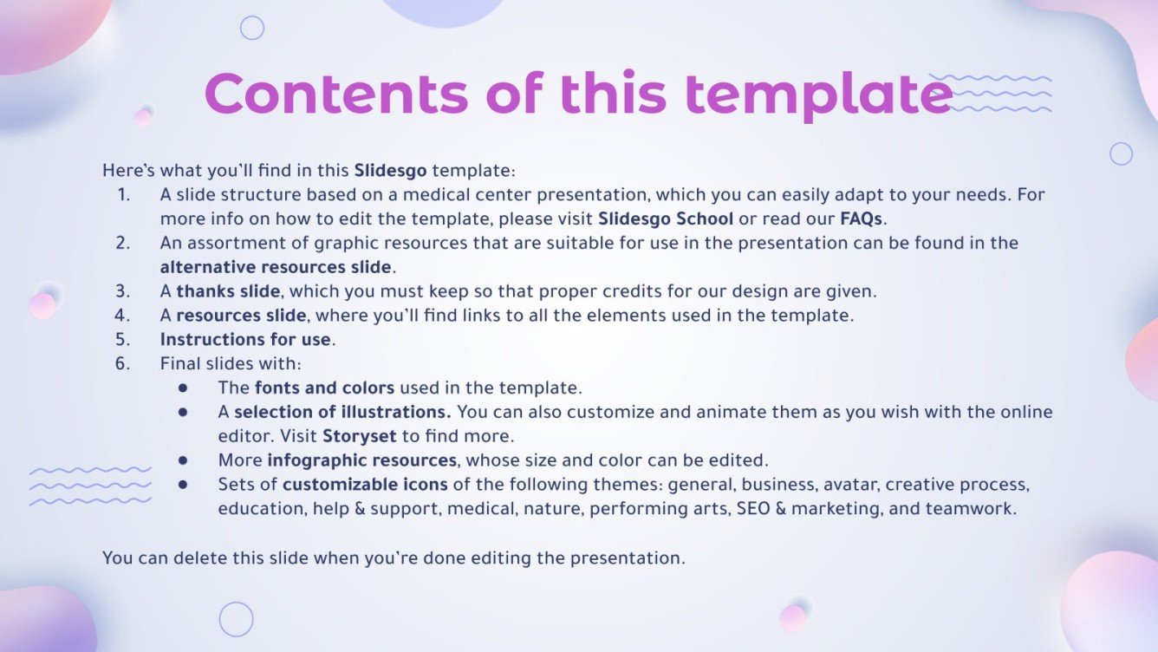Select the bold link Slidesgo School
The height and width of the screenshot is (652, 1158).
pyautogui.click(x=666, y=218)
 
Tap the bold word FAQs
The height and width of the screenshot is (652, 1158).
pyautogui.click(x=861, y=218)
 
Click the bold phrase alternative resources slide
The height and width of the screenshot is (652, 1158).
pyautogui.click(x=276, y=267)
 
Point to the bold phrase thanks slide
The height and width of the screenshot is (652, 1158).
pyautogui.click(x=228, y=291)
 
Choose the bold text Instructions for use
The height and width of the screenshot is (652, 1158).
pyautogui.click(x=245, y=339)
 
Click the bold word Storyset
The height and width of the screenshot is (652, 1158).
pyautogui.click(x=360, y=436)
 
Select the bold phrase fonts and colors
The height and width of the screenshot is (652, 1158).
pyautogui.click(x=325, y=388)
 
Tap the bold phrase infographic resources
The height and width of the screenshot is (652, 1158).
pyautogui.click(x=362, y=460)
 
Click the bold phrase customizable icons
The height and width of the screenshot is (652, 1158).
pyautogui.click(x=365, y=485)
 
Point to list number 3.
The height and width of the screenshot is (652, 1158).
pyautogui.click(x=123, y=291)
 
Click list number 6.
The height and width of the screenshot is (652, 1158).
pyautogui.click(x=123, y=363)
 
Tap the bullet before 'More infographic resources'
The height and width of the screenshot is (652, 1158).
pyautogui.click(x=183, y=460)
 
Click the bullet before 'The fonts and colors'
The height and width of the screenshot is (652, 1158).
pyautogui.click(x=183, y=388)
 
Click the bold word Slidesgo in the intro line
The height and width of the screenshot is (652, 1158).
pyautogui.click(x=390, y=170)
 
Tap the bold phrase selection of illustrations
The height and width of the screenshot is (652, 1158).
pyautogui.click(x=342, y=412)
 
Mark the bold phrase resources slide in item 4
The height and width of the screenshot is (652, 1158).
pyautogui.click(x=242, y=316)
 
